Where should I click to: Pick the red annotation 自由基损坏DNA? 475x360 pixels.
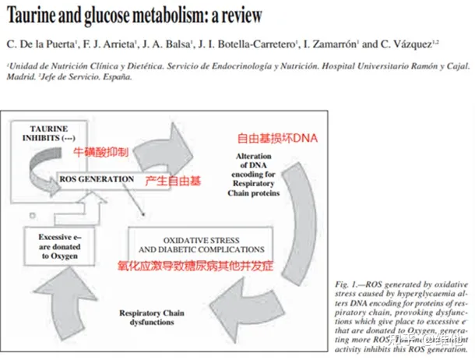tap(279, 139)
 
